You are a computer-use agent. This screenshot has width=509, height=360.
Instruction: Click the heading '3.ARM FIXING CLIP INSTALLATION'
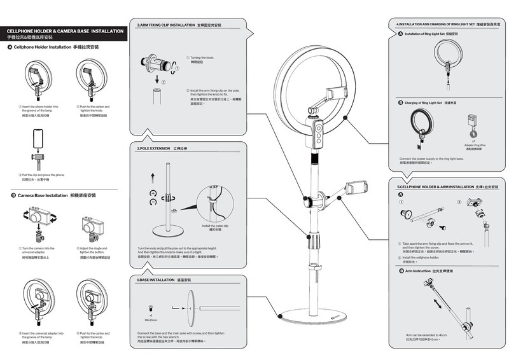point(166,25)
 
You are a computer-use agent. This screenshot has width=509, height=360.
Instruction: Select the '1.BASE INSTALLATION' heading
point(156,280)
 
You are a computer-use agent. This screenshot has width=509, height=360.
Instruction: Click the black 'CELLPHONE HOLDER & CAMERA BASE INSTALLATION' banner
point(65,31)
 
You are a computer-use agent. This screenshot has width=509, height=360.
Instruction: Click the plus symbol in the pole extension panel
point(153,192)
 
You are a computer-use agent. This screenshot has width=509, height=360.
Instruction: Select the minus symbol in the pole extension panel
point(153,202)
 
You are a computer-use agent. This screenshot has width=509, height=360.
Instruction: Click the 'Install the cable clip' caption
point(216,226)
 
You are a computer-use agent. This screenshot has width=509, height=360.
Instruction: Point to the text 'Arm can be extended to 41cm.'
point(427,334)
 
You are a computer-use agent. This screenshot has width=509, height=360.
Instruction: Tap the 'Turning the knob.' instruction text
point(202,57)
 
